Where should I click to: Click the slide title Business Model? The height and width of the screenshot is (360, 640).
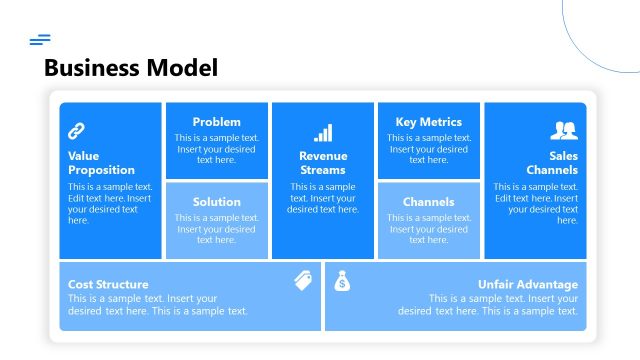(x=131, y=68)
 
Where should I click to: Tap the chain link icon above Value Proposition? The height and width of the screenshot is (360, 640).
(x=76, y=130)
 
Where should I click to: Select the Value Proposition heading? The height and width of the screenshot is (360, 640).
(x=101, y=163)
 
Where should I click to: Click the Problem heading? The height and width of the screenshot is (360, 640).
(x=217, y=122)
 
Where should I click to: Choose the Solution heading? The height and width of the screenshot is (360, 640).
(x=217, y=202)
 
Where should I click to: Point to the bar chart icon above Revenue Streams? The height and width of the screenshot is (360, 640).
(x=323, y=133)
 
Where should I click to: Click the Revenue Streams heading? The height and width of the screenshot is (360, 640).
(x=323, y=163)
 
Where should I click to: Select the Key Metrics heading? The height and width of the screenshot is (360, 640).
(x=429, y=122)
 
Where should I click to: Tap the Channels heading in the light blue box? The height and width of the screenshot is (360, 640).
(x=429, y=202)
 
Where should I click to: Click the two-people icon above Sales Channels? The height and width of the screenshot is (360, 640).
(x=564, y=130)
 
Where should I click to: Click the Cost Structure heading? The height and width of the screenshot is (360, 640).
(x=108, y=284)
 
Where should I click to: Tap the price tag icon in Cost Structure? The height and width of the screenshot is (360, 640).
(x=304, y=281)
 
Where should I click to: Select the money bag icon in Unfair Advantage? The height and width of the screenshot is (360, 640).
(x=342, y=281)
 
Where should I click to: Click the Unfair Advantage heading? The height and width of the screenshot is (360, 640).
(x=527, y=284)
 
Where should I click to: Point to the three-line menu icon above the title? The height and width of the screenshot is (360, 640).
(x=40, y=40)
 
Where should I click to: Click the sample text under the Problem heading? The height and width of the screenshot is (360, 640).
(x=217, y=148)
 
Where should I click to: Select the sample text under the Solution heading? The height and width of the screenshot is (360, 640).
(x=217, y=228)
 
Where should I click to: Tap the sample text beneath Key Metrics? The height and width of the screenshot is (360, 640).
(x=429, y=148)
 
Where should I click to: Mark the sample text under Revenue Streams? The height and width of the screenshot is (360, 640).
(x=323, y=198)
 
